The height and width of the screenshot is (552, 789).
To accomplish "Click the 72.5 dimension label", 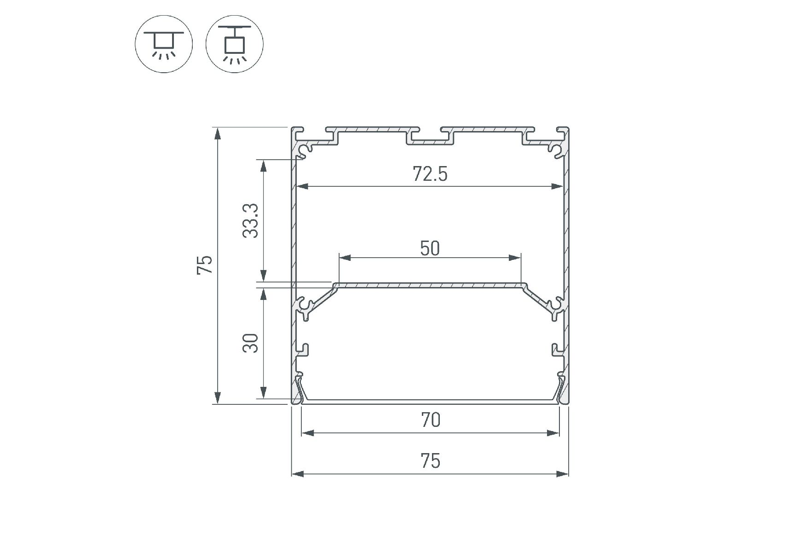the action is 430,174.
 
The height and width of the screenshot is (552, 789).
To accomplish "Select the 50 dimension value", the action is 430,248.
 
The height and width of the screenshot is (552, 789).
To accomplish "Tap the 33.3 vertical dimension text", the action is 251,221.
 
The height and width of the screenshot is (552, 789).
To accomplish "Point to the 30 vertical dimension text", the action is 251,343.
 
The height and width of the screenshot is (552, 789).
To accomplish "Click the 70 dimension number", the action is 431,420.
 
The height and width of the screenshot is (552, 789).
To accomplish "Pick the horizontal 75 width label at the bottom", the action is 431,461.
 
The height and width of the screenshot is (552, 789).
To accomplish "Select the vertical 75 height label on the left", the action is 205,265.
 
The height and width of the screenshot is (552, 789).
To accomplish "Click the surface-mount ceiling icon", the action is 164,44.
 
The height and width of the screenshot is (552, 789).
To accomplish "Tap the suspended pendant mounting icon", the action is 235,44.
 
